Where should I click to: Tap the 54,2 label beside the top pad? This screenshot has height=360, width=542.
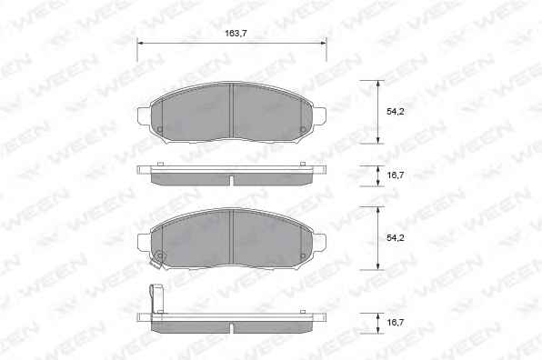pos(395,111)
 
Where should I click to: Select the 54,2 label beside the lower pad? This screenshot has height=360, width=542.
pos(395,237)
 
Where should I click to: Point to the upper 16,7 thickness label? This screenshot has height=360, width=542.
pos(395,175)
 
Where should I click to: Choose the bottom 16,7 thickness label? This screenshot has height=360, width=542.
pos(395,323)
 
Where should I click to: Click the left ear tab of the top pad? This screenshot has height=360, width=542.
pos(145,115)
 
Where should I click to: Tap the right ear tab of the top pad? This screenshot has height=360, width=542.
pos(319,115)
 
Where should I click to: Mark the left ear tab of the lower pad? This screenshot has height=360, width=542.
pos(145,242)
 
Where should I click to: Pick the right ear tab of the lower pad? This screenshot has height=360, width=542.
pos(319,242)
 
